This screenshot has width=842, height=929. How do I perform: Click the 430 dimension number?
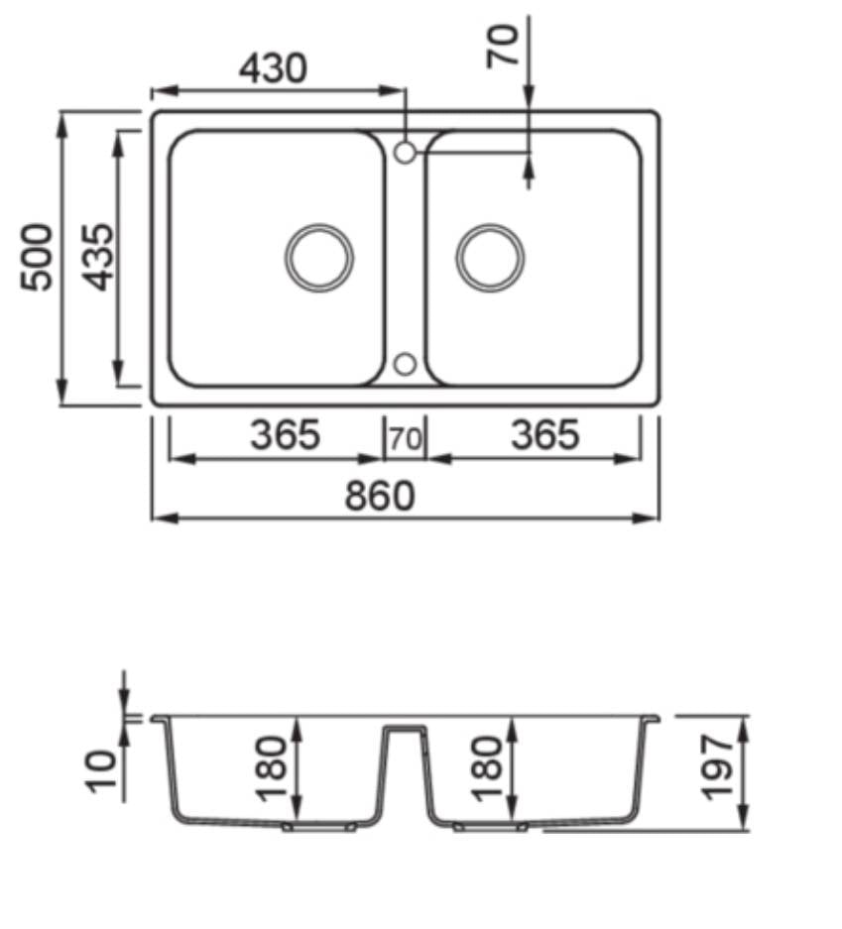[x=273, y=68]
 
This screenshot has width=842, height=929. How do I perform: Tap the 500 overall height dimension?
[x=37, y=257]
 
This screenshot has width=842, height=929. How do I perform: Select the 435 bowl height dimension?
[x=97, y=257]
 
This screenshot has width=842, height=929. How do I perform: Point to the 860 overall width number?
[x=380, y=496]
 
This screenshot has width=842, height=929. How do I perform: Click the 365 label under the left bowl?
[x=285, y=434]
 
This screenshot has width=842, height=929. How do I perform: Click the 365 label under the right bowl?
[x=545, y=434]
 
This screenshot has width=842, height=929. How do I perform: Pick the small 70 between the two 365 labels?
[x=406, y=439]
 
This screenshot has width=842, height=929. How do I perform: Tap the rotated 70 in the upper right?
[x=503, y=47]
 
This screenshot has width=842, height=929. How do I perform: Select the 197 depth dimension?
[x=717, y=767]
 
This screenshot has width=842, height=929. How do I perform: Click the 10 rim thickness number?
[x=101, y=771]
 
